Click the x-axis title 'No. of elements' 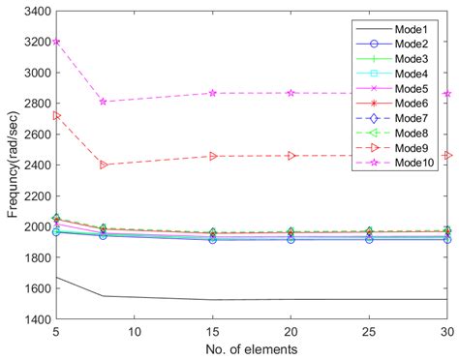tap(251, 348)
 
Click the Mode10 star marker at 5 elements tap(55, 42)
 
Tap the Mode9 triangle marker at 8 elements tap(103, 165)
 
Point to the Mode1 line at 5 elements tap(55, 277)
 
